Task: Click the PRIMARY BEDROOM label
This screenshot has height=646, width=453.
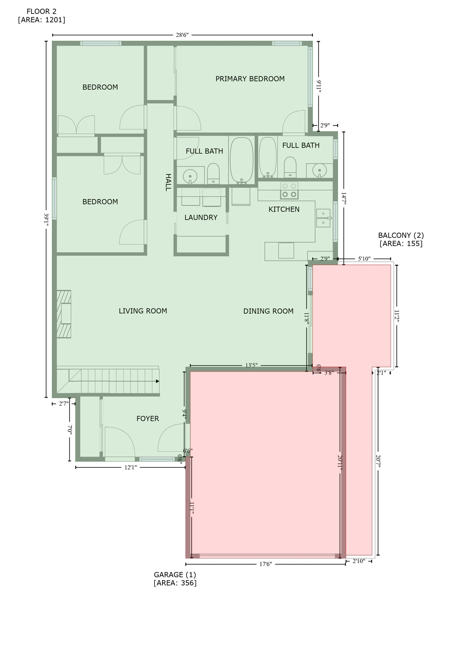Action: coord(250,79)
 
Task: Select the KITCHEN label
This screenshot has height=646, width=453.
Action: coord(284,209)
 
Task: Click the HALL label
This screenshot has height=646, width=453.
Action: coord(168,182)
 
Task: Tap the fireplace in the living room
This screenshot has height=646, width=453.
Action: coord(64,314)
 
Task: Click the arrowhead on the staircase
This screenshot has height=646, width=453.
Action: coord(157,381)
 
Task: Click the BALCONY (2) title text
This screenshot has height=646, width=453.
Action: coord(401,235)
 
